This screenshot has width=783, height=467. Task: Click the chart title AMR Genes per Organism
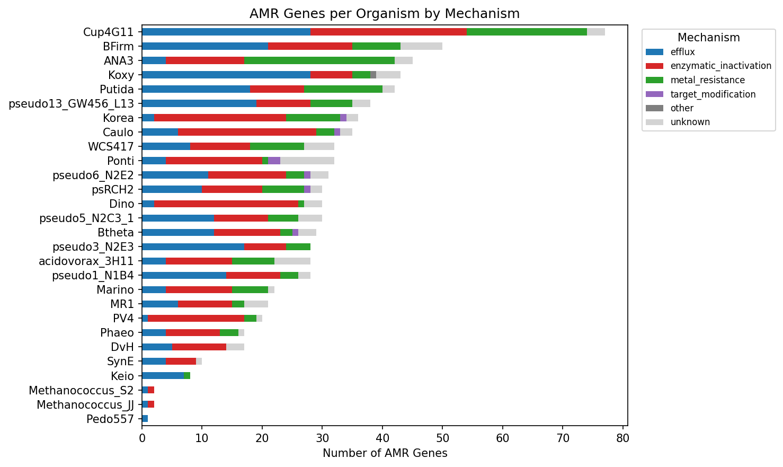coord(385,14)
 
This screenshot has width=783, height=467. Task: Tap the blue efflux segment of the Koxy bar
coord(226,75)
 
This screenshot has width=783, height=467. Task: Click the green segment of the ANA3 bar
coord(319,60)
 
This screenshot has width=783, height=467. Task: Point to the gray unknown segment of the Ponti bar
coord(307,161)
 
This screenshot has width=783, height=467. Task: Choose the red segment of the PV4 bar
coord(196,318)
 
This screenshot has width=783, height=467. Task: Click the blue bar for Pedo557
coord(145,419)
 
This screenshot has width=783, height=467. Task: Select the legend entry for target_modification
coord(713,94)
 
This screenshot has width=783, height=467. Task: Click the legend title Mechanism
coord(708,38)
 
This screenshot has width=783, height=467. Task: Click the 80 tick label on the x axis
coord(622,438)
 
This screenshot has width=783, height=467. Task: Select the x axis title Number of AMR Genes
coord(385,453)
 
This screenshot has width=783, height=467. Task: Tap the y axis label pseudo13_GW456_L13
coord(72,103)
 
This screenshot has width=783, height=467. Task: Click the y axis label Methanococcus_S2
coord(81,391)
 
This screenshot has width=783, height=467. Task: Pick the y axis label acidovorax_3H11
coord(86,261)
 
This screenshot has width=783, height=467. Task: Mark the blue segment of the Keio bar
coord(163,376)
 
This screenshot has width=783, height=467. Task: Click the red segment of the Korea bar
coord(220,118)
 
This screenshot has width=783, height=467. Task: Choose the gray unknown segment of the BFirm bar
coord(421,46)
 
